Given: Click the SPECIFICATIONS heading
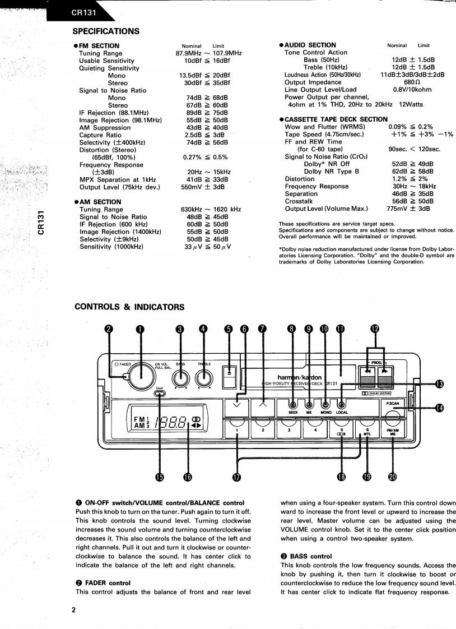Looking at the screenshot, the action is [106, 31].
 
